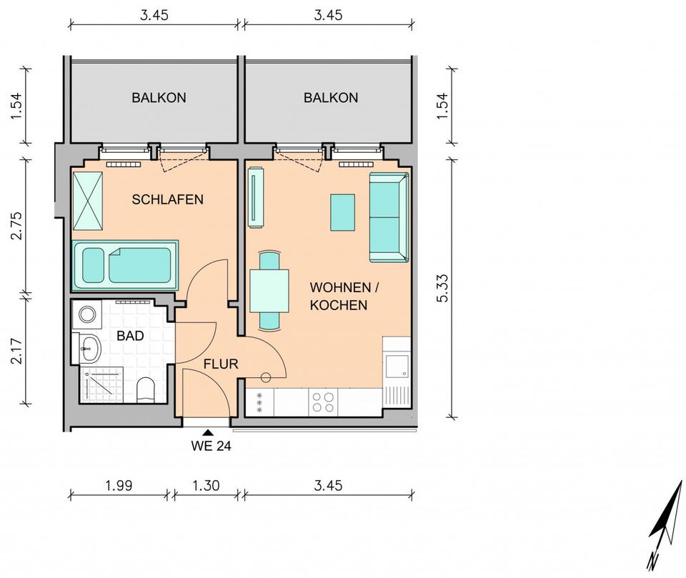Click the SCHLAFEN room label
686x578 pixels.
click(x=167, y=199)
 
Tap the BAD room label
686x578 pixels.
click(x=130, y=336)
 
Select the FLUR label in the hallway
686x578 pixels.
click(x=221, y=364)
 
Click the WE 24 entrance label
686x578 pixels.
click(x=211, y=446)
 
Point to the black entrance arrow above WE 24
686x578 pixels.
click(x=209, y=432)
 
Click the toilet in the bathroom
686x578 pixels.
click(x=146, y=390)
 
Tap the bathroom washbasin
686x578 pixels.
click(x=91, y=349)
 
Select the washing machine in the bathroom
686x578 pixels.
click(x=87, y=314)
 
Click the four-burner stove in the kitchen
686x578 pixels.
click(x=323, y=402)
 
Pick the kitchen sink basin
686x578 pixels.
click(x=397, y=366)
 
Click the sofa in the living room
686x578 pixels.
click(x=389, y=217)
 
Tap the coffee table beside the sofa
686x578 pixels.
click(x=342, y=213)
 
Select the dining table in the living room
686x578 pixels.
click(x=269, y=291)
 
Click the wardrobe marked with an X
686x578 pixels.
click(x=88, y=201)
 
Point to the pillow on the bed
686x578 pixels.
click(x=93, y=266)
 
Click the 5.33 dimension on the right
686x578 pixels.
click(x=442, y=288)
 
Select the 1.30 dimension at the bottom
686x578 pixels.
click(x=206, y=485)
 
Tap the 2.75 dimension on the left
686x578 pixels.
click(x=16, y=226)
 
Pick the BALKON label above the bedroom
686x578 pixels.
click(x=159, y=98)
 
